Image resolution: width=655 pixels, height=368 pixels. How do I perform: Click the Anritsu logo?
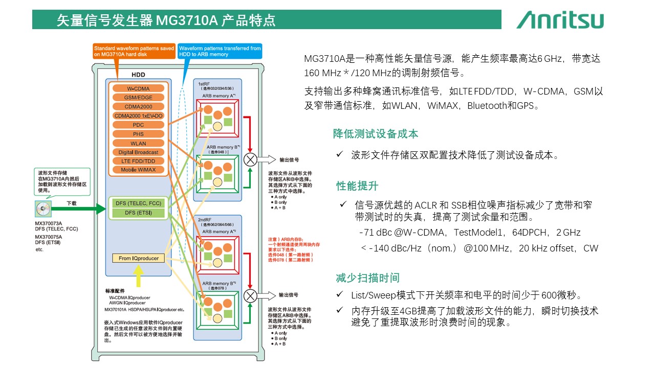(560, 20)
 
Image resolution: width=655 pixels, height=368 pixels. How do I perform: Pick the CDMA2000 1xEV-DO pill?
(138, 116)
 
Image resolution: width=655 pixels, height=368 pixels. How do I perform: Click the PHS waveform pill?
(138, 134)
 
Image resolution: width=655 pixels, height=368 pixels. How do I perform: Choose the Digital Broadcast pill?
(138, 152)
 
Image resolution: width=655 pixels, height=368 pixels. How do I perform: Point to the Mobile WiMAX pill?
(138, 170)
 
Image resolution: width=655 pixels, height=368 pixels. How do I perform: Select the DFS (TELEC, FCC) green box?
(138, 203)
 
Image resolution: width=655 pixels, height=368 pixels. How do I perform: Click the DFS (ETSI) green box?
(138, 213)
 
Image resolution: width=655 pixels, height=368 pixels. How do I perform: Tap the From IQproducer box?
(139, 258)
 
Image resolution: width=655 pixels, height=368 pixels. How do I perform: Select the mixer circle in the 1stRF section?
(250, 159)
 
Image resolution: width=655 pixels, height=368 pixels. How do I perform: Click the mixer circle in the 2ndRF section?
(250, 295)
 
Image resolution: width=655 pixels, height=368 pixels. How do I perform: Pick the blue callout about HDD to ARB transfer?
(220, 51)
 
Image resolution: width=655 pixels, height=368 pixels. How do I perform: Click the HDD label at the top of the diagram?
(138, 75)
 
